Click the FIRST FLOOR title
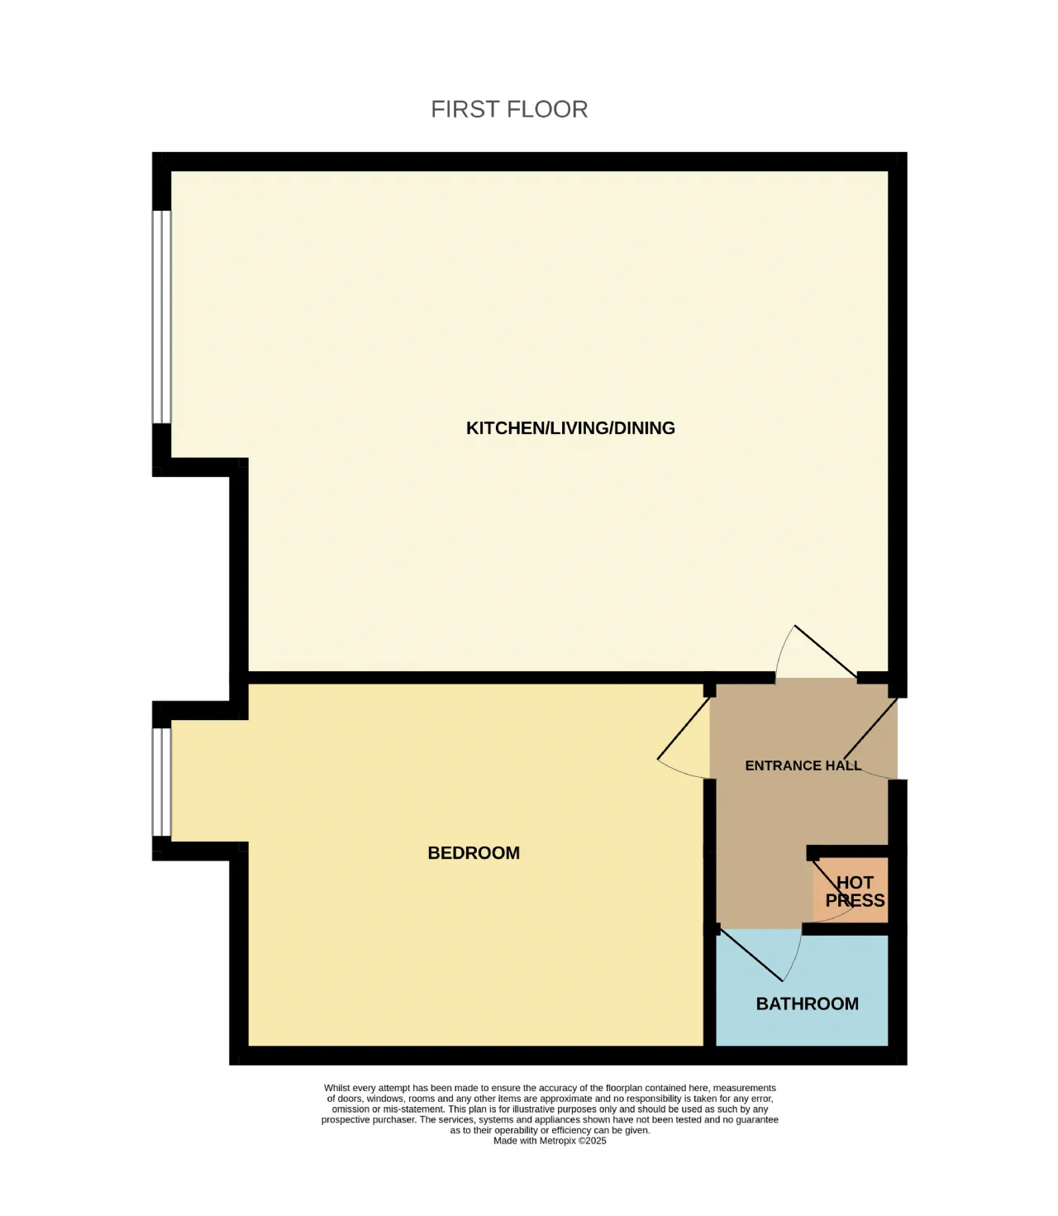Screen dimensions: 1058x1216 (509, 109)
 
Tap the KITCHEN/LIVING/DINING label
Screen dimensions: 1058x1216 (570, 428)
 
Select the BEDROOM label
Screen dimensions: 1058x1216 (474, 853)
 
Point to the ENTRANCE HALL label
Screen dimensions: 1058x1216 (803, 765)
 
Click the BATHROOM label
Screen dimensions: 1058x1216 (808, 1004)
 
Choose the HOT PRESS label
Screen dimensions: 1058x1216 (855, 891)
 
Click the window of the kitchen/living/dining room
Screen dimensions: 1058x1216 (161, 317)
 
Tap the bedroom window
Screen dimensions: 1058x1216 (161, 782)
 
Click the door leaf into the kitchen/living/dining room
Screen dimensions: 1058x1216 (826, 651)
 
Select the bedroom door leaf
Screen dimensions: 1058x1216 (684, 728)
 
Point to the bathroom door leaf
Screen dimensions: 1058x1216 (751, 955)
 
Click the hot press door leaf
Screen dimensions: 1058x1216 (833, 883)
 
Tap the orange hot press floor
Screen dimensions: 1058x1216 (851, 889)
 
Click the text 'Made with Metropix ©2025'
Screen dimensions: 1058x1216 (550, 1141)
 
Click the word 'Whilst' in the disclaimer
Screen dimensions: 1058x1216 (337, 1088)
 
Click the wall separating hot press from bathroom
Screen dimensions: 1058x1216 (846, 928)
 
